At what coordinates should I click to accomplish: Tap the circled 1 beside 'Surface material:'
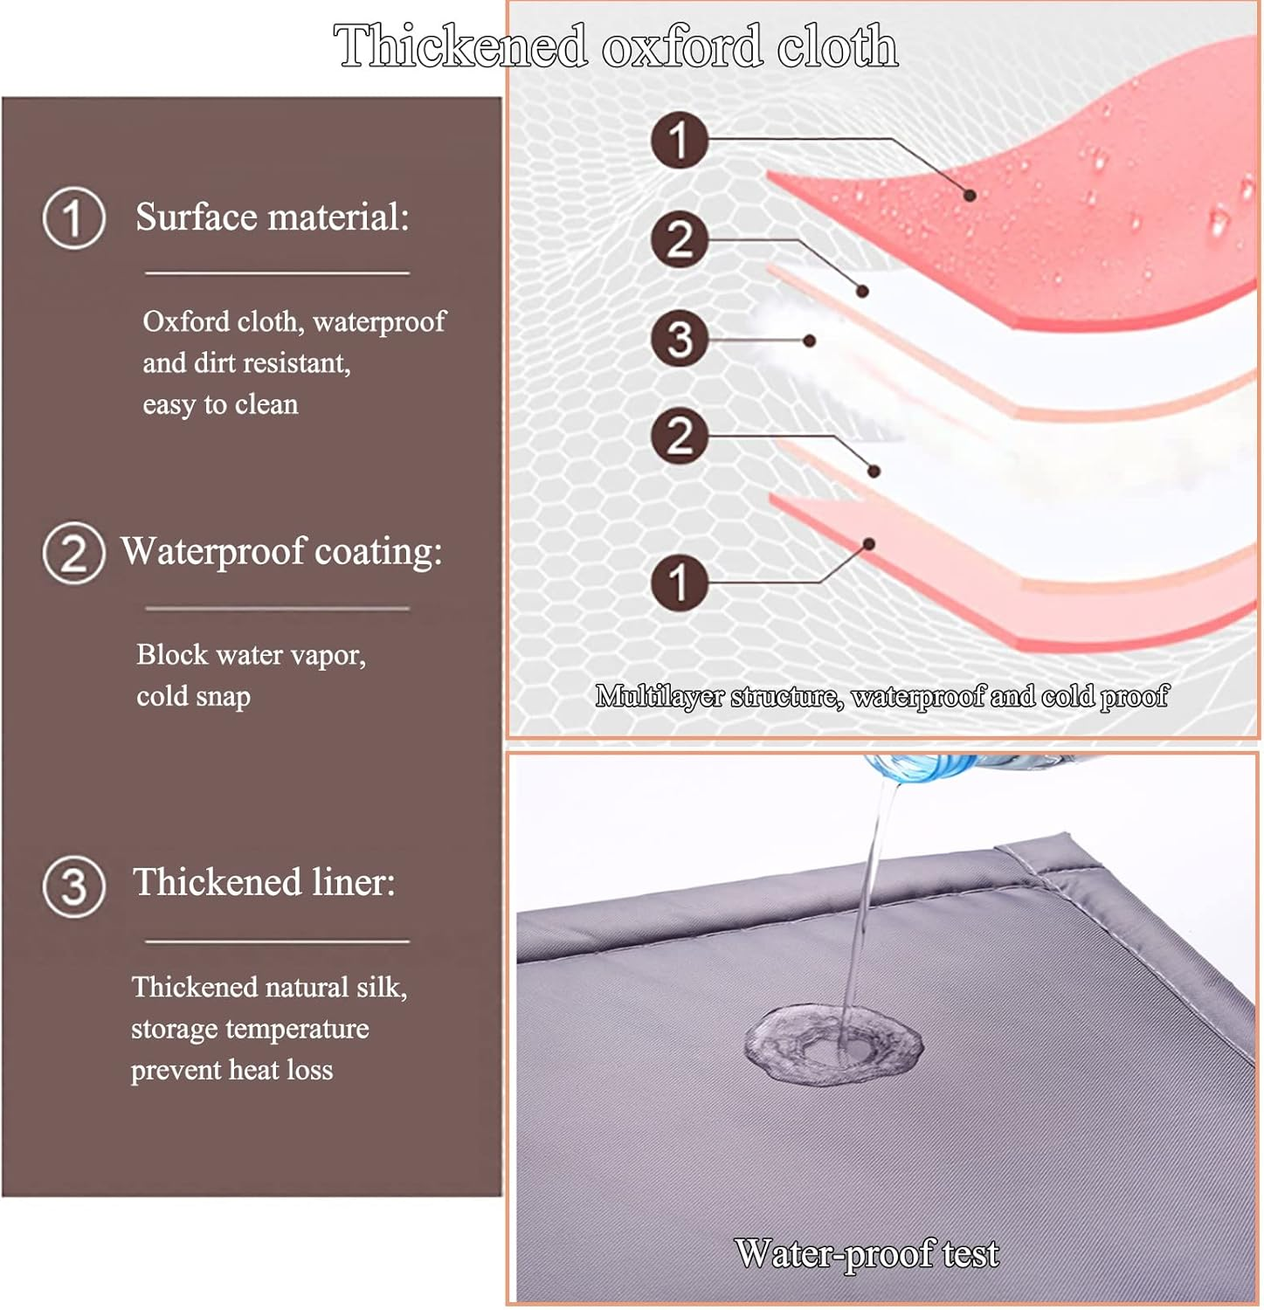tap(74, 218)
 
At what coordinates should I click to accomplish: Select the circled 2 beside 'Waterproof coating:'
tap(74, 553)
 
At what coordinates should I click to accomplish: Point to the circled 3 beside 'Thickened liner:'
tap(74, 886)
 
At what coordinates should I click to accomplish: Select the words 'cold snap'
tap(193, 696)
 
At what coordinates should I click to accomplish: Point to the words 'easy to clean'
tap(220, 404)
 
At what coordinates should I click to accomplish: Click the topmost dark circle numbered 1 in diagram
tap(680, 140)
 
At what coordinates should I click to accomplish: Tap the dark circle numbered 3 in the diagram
tap(680, 339)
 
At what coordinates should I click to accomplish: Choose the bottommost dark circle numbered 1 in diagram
tap(680, 583)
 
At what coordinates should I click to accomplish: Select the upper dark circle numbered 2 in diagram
tap(680, 239)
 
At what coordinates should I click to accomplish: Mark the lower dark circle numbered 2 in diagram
tap(680, 436)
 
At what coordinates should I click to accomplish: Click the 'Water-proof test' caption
tap(867, 1253)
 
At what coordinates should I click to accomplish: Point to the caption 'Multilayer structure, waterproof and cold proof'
tap(881, 696)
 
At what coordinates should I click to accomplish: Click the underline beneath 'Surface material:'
tap(277, 273)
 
